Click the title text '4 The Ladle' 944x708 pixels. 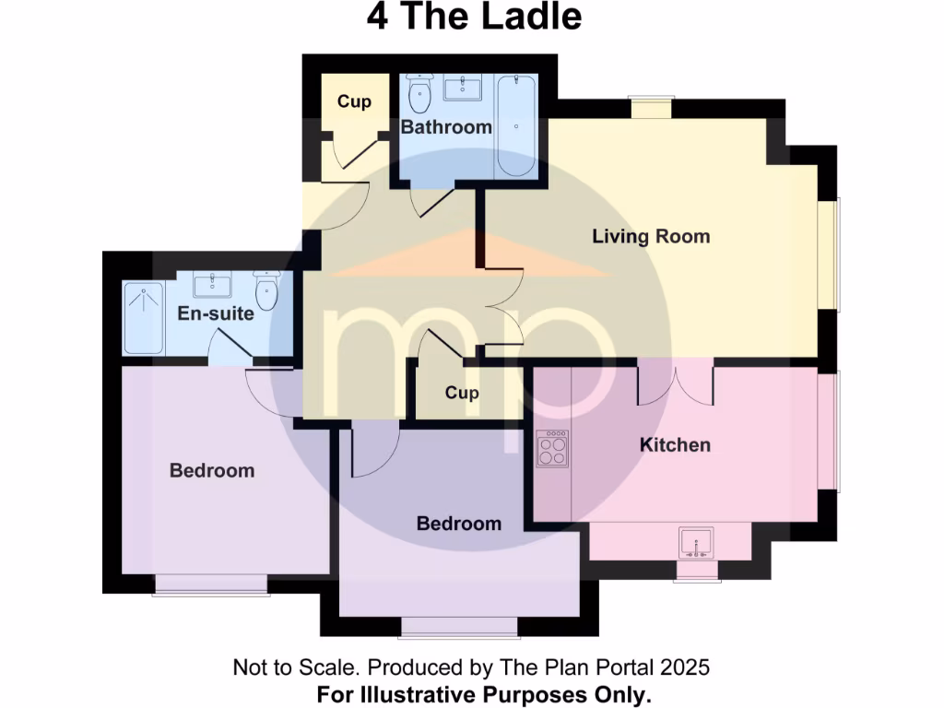[x=474, y=18]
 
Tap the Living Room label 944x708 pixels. [x=651, y=236]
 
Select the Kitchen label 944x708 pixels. [x=676, y=445]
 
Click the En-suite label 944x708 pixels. [x=216, y=313]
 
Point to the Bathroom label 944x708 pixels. [x=446, y=127]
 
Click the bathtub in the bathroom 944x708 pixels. [x=514, y=126]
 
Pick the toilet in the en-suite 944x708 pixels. [x=267, y=291]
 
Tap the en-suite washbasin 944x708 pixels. [x=213, y=284]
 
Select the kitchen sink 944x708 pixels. [x=695, y=541]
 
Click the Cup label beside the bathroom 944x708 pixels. [x=354, y=101]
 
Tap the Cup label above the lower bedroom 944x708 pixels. [x=462, y=393]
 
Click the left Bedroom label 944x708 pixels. [x=212, y=471]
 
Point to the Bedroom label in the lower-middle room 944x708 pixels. [x=459, y=524]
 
